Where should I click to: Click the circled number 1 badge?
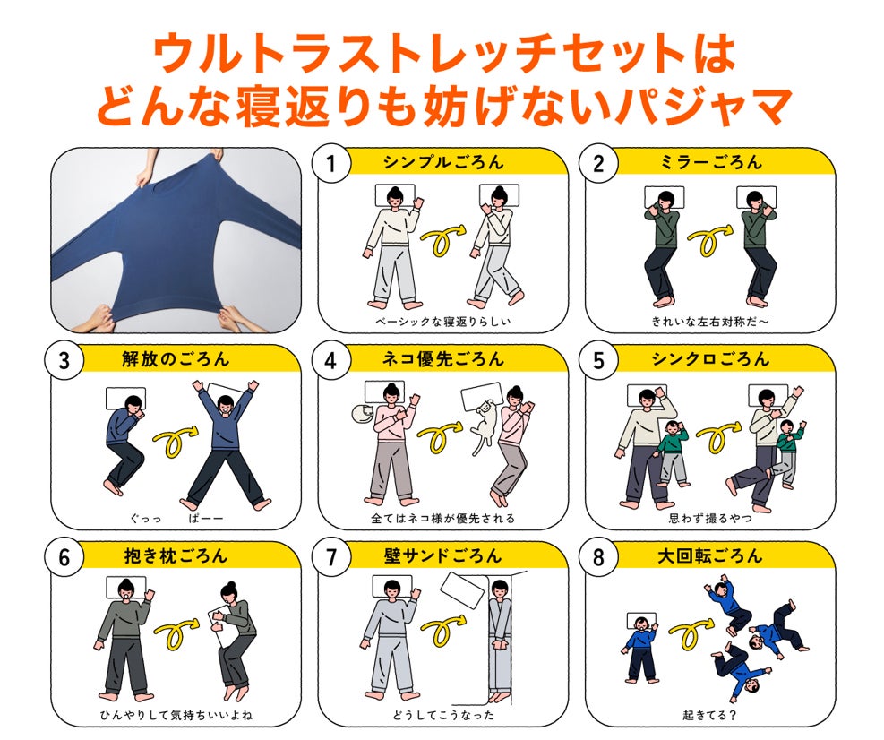click(x=330, y=164)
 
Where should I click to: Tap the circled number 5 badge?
click(x=598, y=361)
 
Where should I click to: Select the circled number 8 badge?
click(x=598, y=558)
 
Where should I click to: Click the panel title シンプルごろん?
click(x=443, y=162)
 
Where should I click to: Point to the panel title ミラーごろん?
click(x=710, y=162)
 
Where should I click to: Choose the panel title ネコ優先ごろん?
click(x=443, y=359)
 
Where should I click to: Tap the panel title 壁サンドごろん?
click(x=443, y=556)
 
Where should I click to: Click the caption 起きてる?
click(x=709, y=715)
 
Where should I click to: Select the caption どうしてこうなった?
click(x=443, y=715)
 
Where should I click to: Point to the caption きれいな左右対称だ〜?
click(x=709, y=322)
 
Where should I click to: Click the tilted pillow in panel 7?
click(x=462, y=591)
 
